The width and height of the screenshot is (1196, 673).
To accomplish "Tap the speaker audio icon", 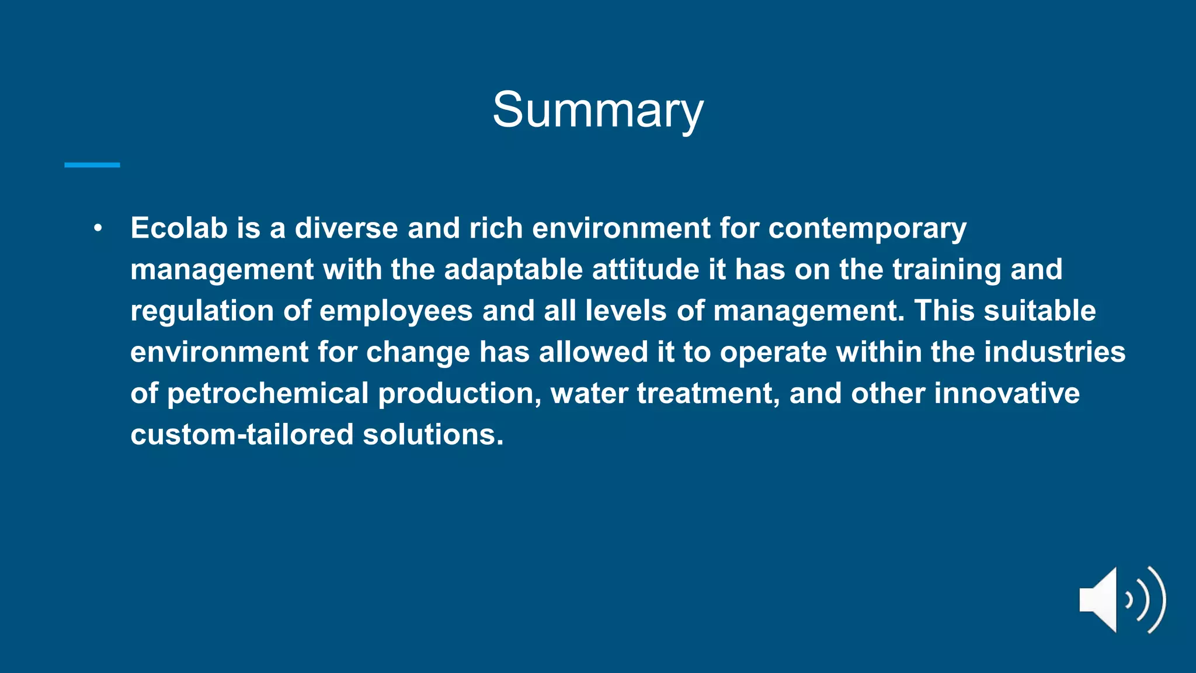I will [1122, 599].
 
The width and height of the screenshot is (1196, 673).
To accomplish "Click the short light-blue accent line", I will [92, 165].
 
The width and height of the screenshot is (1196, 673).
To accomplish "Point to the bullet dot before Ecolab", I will [98, 228].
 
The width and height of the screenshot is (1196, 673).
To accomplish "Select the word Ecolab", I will [179, 228].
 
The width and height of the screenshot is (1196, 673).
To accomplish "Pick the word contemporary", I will [867, 229].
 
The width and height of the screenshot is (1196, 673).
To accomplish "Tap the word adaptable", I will [513, 269].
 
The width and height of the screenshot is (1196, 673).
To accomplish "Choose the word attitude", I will [645, 269].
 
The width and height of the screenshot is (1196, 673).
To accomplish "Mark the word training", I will [947, 270].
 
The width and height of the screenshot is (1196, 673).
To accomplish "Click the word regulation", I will [202, 311].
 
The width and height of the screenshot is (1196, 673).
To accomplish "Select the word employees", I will [396, 311].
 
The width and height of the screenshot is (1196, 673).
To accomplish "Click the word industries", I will [1055, 352].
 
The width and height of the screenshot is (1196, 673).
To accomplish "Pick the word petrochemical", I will [267, 394].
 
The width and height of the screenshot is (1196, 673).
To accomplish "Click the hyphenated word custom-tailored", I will [242, 435].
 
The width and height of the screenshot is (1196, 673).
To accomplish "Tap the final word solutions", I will [433, 435].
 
